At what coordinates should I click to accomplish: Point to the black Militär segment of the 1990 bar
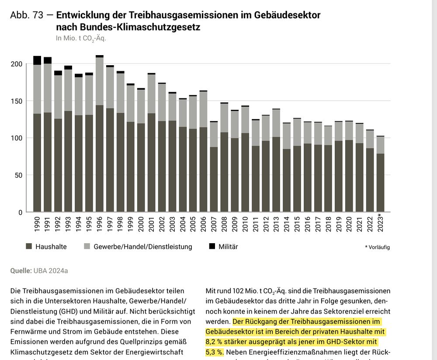pos(37,60)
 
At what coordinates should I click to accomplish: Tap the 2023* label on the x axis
pos(380,224)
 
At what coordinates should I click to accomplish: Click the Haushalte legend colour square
pos(29,247)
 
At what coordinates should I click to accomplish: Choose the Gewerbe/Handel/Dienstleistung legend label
pos(143,247)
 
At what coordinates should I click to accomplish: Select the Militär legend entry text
pos(228,247)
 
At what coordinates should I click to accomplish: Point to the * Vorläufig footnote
pos(377,248)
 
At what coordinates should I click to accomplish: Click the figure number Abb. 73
pos(27,15)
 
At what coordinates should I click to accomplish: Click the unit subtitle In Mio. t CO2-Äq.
pos(81,38)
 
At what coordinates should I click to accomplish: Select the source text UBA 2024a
pos(51,271)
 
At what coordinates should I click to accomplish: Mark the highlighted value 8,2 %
pos(214,342)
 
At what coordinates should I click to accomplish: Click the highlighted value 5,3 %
pos(214,352)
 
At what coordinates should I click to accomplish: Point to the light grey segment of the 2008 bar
pos(224,118)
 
